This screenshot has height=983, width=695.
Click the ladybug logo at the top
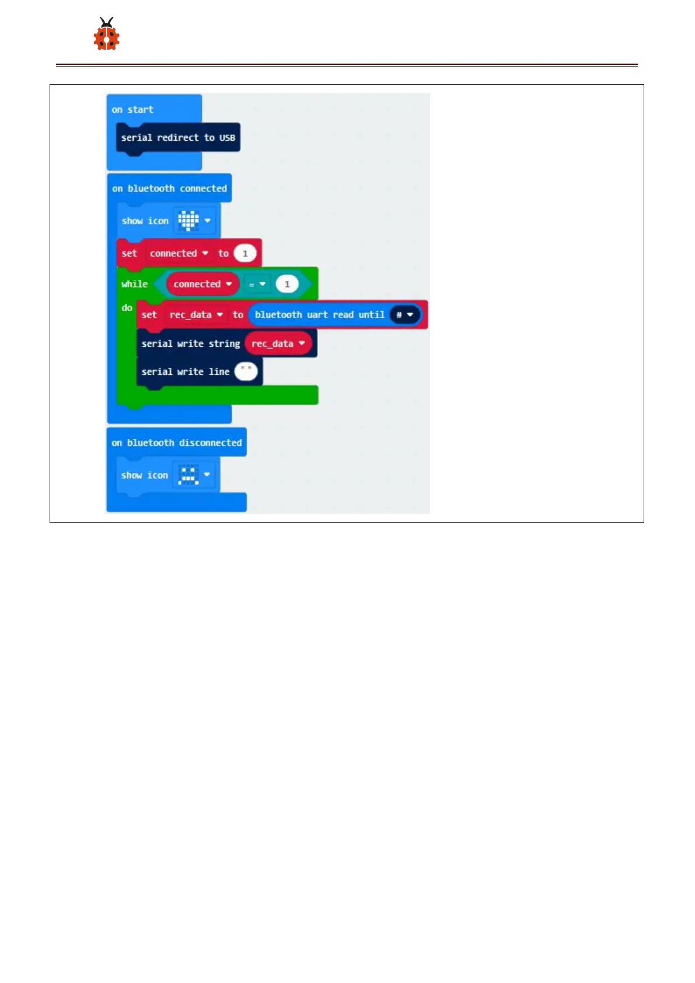[106, 34]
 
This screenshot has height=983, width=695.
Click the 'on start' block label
[132, 110]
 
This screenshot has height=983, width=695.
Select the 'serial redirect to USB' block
[178, 138]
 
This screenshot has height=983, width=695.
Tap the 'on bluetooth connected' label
[169, 189]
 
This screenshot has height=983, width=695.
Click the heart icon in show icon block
[188, 221]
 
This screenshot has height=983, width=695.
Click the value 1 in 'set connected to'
[245, 253]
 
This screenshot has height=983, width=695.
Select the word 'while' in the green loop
[134, 284]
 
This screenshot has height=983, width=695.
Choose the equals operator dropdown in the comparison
[257, 284]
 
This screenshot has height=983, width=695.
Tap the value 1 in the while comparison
[287, 284]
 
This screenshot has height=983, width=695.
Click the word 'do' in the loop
[127, 308]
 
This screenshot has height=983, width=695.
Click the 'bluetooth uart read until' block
[319, 315]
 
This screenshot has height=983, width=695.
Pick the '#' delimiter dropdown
[404, 315]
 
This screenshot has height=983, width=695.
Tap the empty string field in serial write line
[246, 371]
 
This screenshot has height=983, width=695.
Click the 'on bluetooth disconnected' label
[176, 443]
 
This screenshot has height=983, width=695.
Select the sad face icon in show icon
[188, 475]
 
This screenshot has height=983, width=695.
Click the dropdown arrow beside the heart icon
[208, 221]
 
